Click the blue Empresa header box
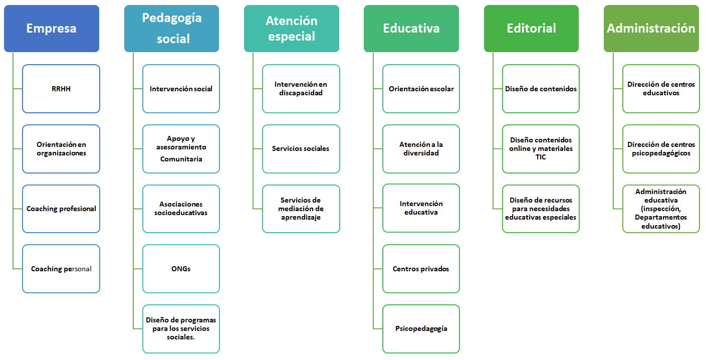(52, 29)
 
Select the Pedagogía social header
(171, 29)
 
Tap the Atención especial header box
(292, 29)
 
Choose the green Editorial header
(532, 29)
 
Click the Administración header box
(651, 29)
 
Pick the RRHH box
(61, 89)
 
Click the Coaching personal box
(61, 269)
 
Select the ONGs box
(181, 269)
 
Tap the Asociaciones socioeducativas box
(181, 209)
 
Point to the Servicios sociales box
(301, 148)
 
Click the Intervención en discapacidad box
(301, 89)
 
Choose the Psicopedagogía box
(421, 329)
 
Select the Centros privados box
(421, 269)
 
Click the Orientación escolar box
(421, 89)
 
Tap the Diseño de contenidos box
(541, 89)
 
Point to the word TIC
(541, 157)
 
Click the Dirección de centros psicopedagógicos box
(661, 148)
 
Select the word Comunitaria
(181, 159)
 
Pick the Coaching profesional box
(61, 209)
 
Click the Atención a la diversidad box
(421, 148)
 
